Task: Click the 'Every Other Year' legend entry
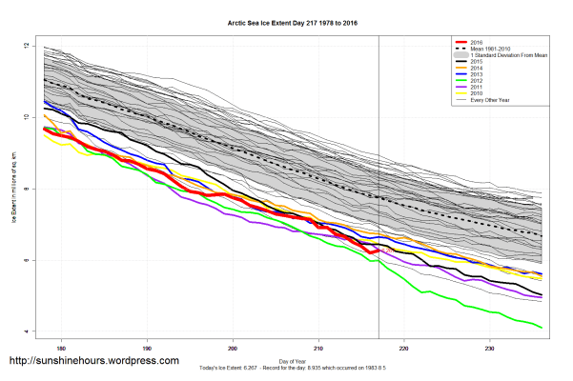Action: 492,105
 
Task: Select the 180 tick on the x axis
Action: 62,347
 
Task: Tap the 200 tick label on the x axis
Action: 234,347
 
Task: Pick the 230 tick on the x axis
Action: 490,347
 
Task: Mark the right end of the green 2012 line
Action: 542,328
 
